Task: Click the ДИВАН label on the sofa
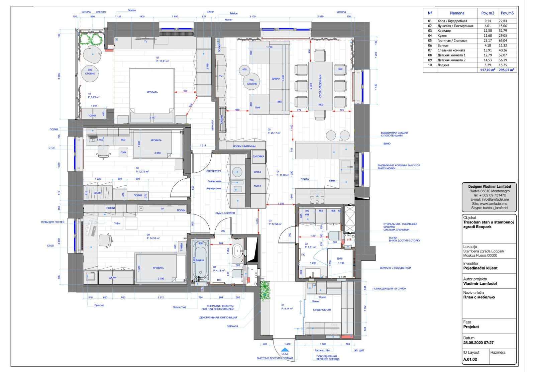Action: [276, 79]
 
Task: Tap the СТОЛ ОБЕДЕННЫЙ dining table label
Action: [320, 86]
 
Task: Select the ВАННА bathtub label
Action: [200, 260]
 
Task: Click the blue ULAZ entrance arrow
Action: [285, 350]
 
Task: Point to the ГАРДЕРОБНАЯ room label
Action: [322, 310]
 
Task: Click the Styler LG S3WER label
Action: [225, 213]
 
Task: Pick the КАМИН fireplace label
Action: [222, 120]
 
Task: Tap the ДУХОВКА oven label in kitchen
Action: [258, 157]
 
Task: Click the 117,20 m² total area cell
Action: [488, 70]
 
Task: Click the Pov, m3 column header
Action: [507, 13]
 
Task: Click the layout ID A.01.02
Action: [470, 359]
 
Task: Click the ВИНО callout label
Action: [387, 144]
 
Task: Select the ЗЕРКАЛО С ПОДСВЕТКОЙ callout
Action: [395, 268]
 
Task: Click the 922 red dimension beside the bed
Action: [185, 91]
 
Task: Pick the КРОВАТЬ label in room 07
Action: [152, 92]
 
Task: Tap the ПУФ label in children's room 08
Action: [123, 153]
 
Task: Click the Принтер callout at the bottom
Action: [99, 305]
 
